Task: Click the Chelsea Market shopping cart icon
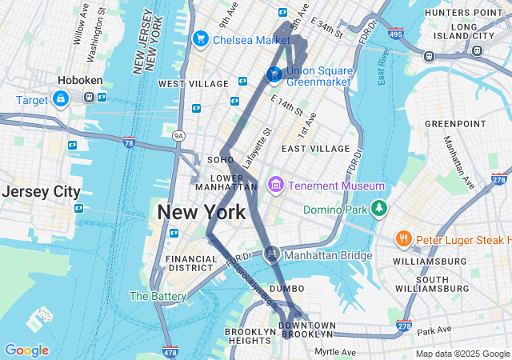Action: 200,39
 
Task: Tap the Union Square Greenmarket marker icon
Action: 274,75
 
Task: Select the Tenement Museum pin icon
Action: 276,186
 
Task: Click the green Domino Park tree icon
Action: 378,210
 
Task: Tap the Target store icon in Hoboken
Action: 60,98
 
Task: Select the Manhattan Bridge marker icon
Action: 272,254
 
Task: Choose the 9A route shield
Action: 178,136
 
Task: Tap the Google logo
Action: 26,350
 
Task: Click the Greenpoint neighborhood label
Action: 454,124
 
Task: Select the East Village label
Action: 315,149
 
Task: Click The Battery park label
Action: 158,296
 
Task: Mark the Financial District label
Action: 190,264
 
